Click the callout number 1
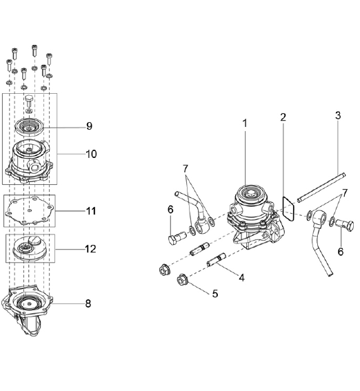[x=245, y=123]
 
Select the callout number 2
[x=283, y=117]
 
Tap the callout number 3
[x=338, y=115]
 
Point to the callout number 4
[x=241, y=277]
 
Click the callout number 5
[x=215, y=294]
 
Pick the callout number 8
[x=88, y=303]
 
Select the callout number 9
[x=89, y=126]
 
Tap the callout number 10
[x=91, y=154]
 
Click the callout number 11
[x=91, y=211]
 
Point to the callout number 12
[x=91, y=249]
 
